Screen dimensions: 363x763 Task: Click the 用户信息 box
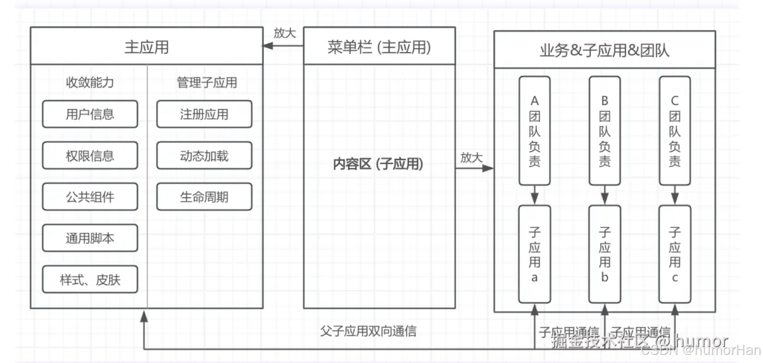(x=90, y=114)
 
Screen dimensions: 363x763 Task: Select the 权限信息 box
(x=90, y=156)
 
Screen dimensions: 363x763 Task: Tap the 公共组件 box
(x=90, y=197)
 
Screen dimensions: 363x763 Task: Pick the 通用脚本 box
(x=90, y=238)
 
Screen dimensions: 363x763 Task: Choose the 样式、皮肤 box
(x=90, y=280)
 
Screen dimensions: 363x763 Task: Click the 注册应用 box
(x=204, y=114)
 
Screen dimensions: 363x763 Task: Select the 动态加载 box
(x=204, y=156)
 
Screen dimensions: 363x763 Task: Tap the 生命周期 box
(x=204, y=197)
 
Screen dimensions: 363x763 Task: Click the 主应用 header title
(x=147, y=47)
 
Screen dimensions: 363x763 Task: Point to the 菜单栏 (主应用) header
(x=379, y=47)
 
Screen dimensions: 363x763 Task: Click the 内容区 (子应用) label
(x=378, y=164)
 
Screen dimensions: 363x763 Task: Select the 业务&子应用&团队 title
(x=604, y=50)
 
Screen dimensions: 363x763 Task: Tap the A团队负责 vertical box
(x=534, y=131)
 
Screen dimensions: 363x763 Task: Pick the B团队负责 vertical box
(x=604, y=131)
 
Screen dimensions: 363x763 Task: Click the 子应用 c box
(x=675, y=254)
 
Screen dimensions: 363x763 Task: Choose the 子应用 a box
(x=534, y=254)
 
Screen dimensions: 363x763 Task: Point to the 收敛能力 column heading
(x=90, y=82)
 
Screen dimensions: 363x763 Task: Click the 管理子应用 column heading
(x=207, y=82)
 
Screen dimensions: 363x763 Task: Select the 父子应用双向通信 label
(x=368, y=331)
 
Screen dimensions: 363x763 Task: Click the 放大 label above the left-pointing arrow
(x=285, y=33)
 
